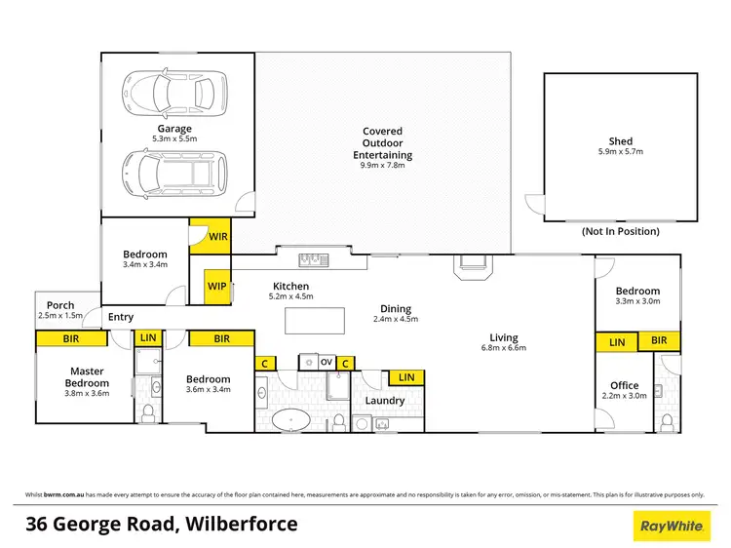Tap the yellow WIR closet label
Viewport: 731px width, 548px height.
[210, 236]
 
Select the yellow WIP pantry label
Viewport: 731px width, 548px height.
[216, 287]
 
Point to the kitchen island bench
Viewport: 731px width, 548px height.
[315, 320]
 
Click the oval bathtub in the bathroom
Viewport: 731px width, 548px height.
[290, 422]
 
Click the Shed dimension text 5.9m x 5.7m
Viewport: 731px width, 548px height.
[620, 152]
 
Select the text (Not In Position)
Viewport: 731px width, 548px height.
[620, 232]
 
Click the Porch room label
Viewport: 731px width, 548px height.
[60, 305]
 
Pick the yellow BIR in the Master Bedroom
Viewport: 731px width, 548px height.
[71, 338]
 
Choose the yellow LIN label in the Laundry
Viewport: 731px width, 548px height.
[405, 377]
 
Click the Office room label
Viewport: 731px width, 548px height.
[624, 385]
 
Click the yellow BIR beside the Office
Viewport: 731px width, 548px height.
[659, 341]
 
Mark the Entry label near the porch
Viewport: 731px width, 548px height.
[121, 317]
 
